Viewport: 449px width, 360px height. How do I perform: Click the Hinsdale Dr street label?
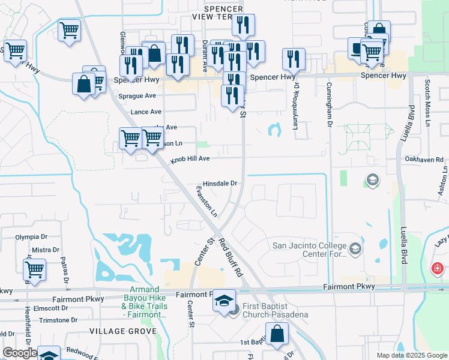click(221, 183)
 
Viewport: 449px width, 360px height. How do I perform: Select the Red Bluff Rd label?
click(230, 257)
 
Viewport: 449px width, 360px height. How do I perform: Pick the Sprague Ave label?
click(137, 95)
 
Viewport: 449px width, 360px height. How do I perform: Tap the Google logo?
click(20, 353)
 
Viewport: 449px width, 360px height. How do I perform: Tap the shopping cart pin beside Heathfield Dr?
click(35, 270)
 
